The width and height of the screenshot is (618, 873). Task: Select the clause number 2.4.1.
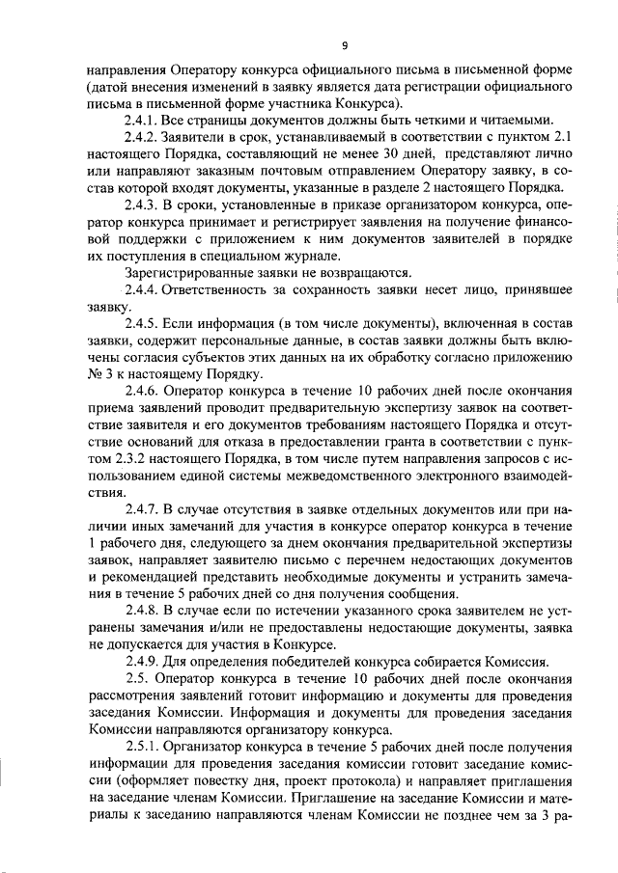pyautogui.click(x=141, y=121)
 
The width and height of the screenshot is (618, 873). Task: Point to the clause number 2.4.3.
pyautogui.click(x=141, y=205)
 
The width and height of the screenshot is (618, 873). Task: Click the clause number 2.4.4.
pyautogui.click(x=141, y=289)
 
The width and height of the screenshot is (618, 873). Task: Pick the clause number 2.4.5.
pyautogui.click(x=141, y=323)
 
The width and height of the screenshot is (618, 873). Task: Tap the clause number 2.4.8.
pyautogui.click(x=141, y=610)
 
